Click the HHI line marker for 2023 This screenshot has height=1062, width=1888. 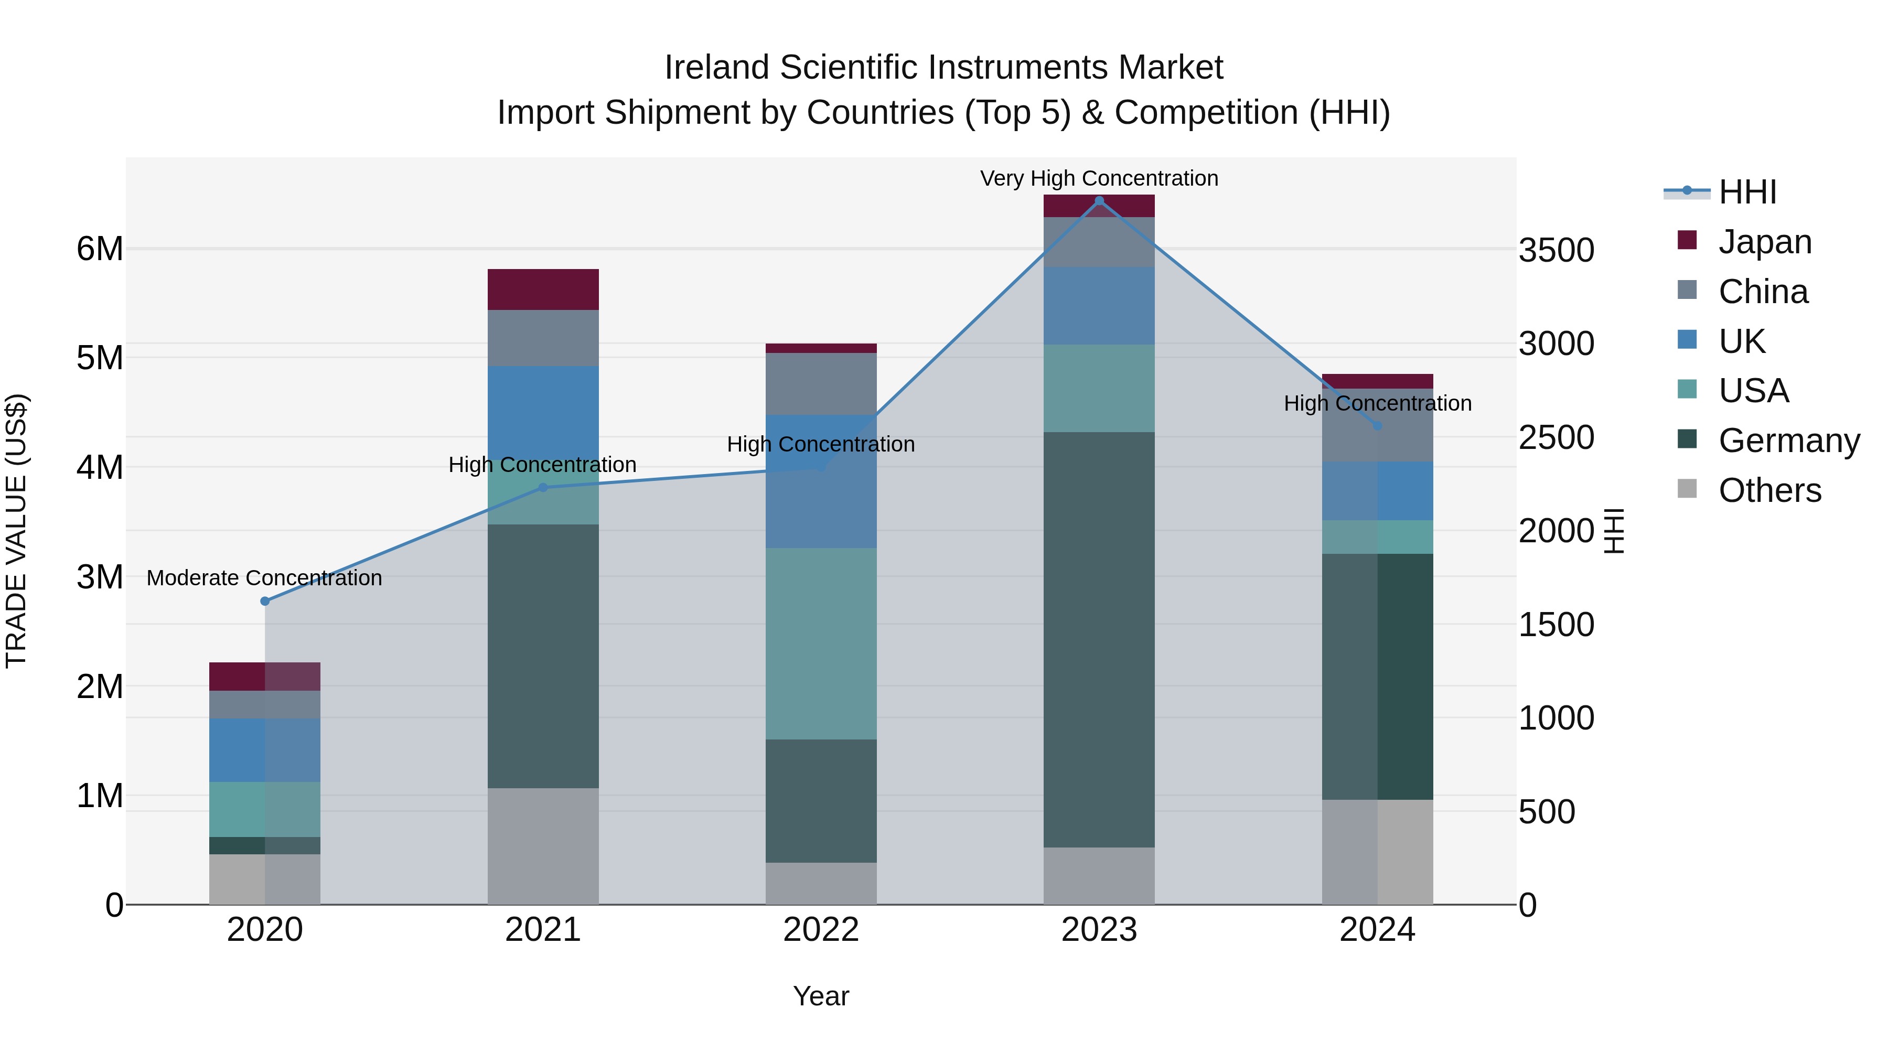(1099, 201)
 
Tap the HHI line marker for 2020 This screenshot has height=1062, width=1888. (265, 601)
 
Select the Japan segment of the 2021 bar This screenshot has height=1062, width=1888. (543, 289)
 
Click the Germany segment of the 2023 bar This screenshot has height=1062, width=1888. (1099, 639)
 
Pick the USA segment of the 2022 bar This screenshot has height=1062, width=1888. (821, 643)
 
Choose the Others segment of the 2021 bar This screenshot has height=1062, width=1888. (543, 846)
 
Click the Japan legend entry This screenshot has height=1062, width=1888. (1764, 241)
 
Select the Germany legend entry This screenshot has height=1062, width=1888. (1788, 440)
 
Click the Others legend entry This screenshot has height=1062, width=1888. (1769, 490)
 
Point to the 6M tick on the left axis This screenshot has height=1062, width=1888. (100, 249)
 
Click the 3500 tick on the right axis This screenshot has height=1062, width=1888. (1556, 250)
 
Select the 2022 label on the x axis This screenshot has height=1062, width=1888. (821, 929)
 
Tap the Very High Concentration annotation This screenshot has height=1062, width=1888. (1099, 178)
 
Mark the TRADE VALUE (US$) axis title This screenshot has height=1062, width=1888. (16, 531)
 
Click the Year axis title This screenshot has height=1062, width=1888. (821, 996)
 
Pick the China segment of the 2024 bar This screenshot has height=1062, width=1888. (1377, 440)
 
